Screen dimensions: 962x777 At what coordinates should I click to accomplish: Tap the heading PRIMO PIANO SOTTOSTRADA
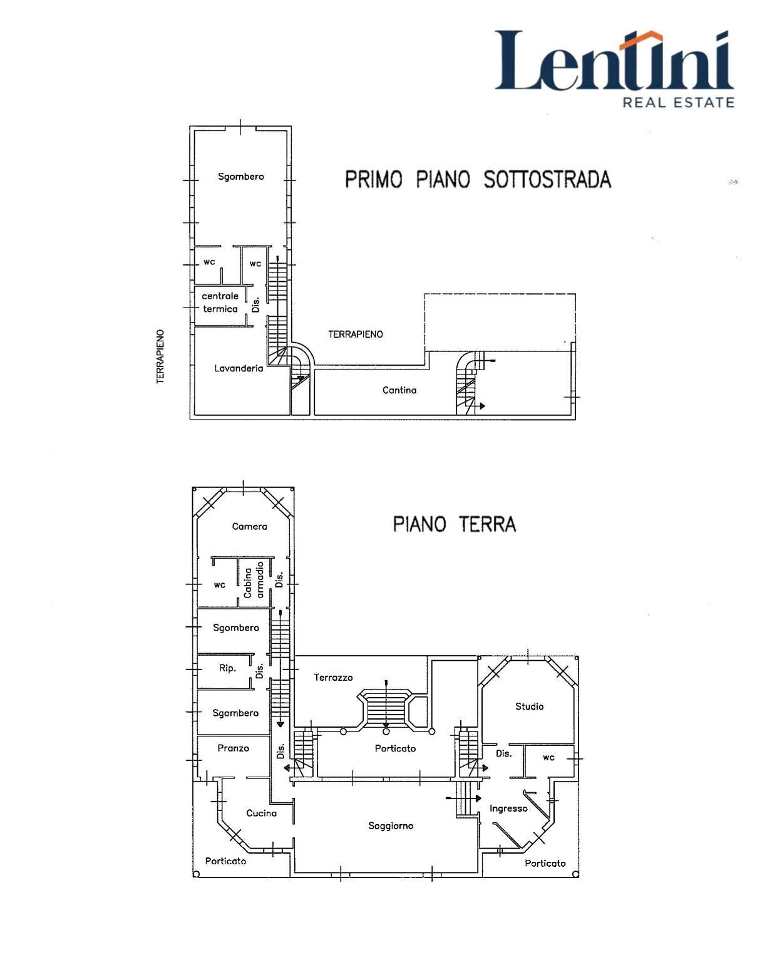click(478, 180)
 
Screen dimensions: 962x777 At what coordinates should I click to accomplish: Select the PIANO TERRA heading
click(455, 524)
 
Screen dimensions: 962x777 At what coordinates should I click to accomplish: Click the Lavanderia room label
click(239, 368)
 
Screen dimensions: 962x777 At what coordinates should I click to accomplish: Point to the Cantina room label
click(399, 390)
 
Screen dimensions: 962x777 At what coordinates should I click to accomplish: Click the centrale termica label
click(220, 303)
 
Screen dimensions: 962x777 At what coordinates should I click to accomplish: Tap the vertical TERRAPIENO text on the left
click(161, 357)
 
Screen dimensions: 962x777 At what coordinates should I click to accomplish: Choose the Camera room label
click(249, 527)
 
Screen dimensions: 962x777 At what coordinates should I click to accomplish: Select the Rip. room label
click(228, 668)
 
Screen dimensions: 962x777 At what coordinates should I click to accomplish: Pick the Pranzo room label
click(233, 748)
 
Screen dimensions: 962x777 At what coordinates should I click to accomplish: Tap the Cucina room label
click(261, 814)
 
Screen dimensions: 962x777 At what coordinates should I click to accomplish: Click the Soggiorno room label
click(391, 826)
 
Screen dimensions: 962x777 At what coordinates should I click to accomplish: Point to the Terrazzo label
click(333, 678)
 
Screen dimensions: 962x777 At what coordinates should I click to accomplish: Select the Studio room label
click(529, 706)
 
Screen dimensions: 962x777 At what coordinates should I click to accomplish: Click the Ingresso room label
click(508, 809)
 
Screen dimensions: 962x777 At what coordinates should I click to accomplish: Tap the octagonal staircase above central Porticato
click(386, 710)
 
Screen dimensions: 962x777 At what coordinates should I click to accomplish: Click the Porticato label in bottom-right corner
click(545, 864)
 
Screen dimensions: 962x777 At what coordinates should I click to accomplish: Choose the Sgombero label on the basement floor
click(241, 177)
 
